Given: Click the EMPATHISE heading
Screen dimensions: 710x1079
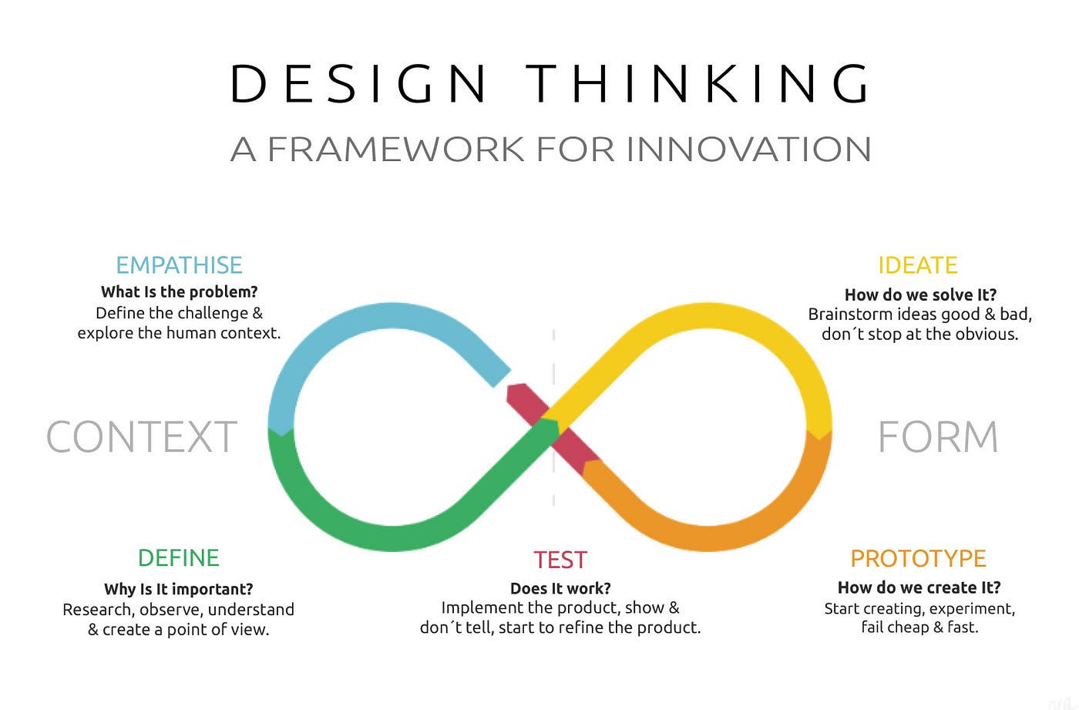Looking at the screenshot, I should point(179,265).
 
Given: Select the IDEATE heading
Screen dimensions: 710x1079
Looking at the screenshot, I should point(917,265).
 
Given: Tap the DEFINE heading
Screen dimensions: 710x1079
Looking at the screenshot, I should point(178,557).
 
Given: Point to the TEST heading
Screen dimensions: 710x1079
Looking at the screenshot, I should point(560,560).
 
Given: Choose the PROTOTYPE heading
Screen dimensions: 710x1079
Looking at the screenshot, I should point(918,558).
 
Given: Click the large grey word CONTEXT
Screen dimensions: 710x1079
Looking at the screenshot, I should point(142,437).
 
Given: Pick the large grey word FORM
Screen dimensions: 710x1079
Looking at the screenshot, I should point(938,437).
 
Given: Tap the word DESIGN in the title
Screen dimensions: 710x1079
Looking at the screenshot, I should point(358,83).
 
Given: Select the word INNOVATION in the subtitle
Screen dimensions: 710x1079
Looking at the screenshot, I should point(748,149).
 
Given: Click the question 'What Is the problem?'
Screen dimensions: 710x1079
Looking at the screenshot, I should point(179,291).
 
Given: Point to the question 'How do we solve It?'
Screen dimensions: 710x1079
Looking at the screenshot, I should point(920,294).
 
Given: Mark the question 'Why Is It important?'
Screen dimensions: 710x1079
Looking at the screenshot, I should point(178,589).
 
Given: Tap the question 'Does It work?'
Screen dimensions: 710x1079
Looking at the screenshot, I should point(560,588).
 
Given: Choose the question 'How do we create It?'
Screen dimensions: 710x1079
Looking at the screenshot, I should point(919,587).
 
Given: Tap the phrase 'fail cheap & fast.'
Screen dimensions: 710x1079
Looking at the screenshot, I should point(919,628).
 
